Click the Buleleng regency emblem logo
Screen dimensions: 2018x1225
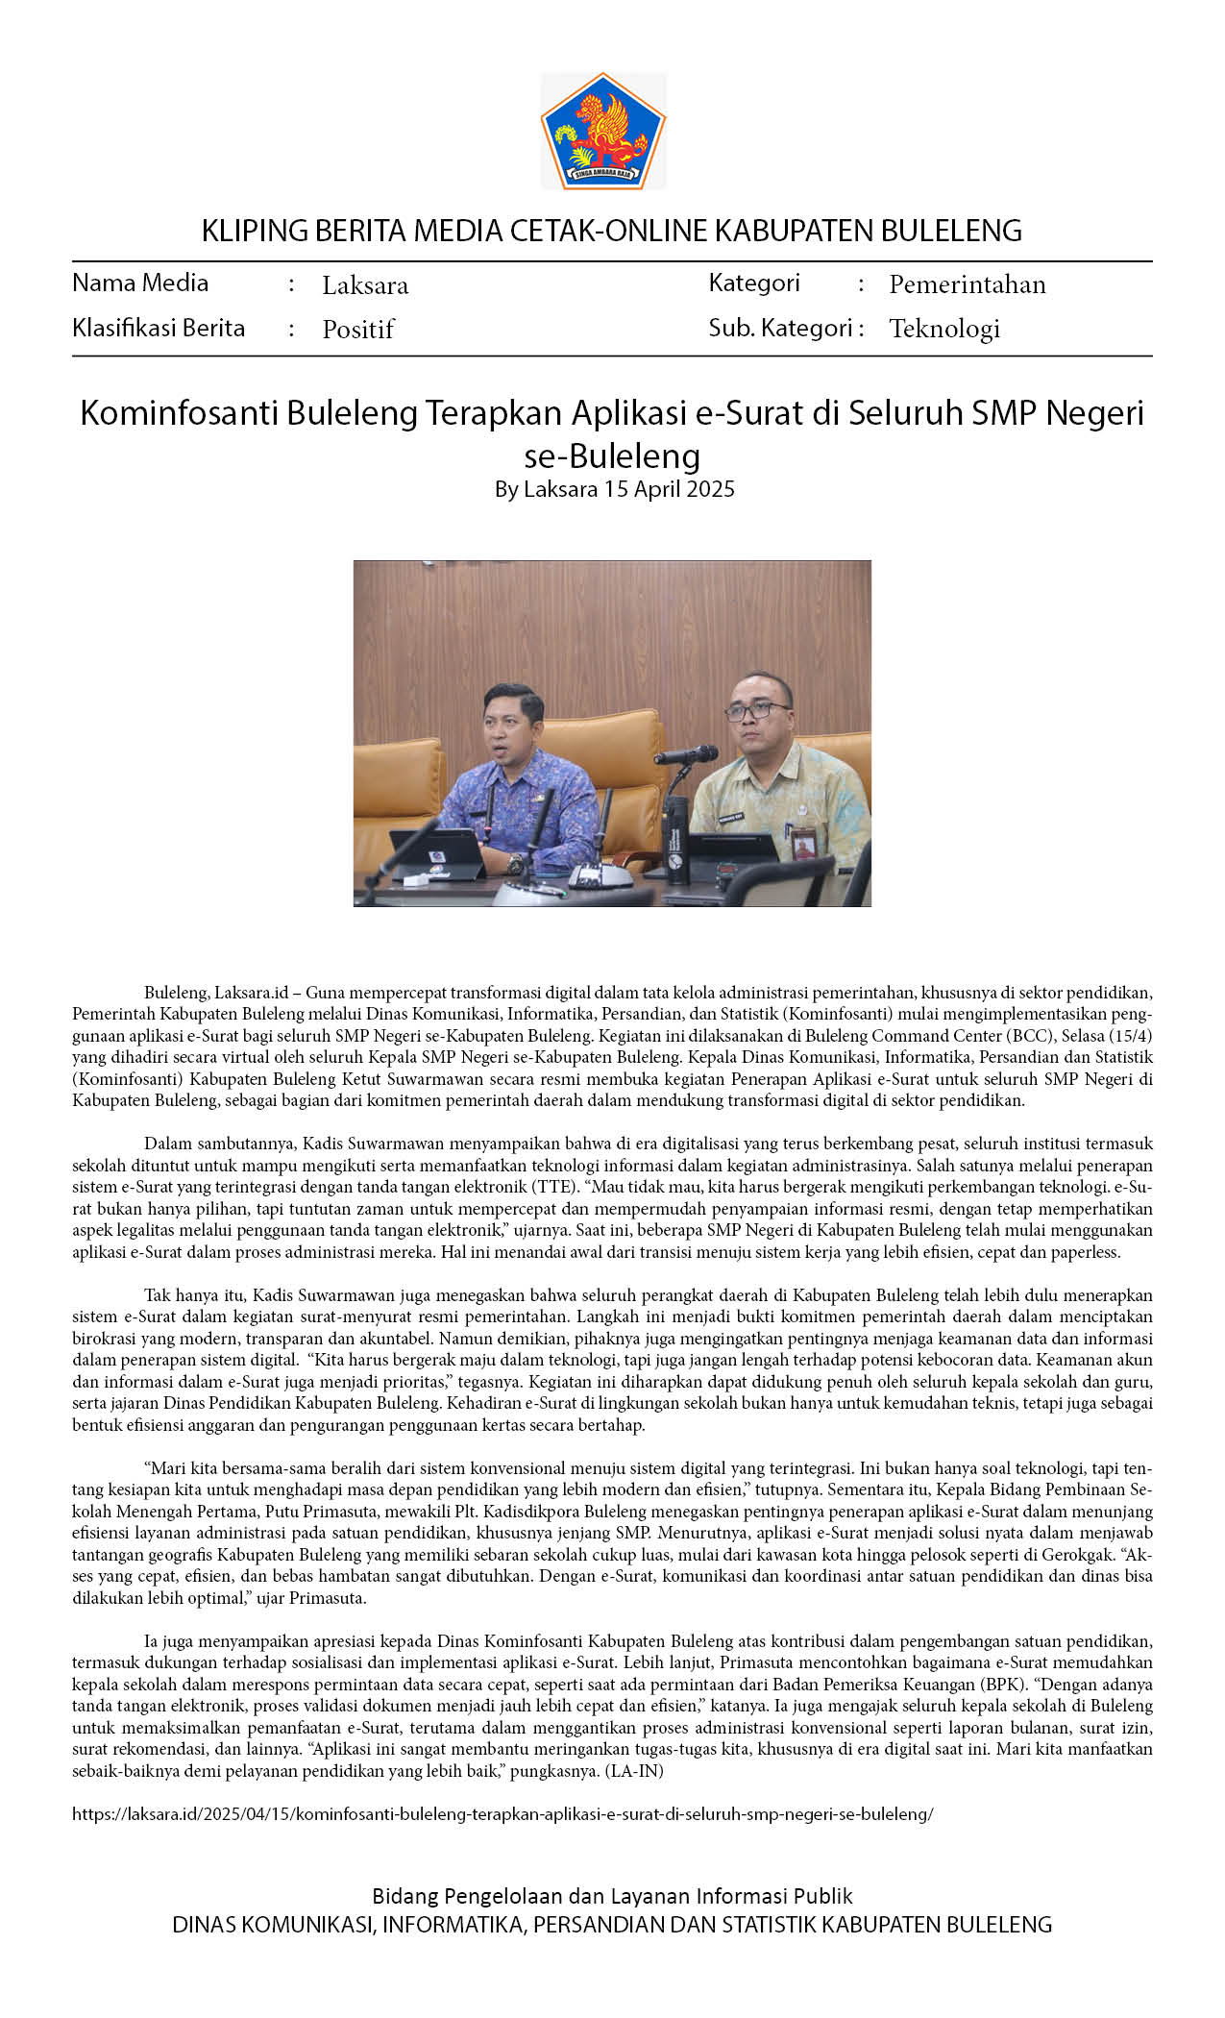tap(603, 131)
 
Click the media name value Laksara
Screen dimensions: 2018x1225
tap(365, 285)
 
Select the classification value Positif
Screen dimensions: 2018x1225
tap(358, 330)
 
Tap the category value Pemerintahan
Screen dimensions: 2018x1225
tap(967, 284)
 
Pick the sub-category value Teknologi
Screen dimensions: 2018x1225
tap(944, 329)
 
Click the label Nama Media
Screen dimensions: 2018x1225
tap(140, 283)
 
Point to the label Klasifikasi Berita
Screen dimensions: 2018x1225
tap(159, 328)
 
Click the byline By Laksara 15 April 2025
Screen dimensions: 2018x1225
tap(614, 489)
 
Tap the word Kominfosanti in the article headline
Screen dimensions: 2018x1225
tap(178, 412)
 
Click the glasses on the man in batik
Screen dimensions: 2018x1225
tap(757, 710)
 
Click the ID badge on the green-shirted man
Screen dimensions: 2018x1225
tap(801, 843)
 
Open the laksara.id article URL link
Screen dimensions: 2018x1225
tap(502, 1814)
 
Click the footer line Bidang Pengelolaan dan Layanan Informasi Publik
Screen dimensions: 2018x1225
tap(612, 1896)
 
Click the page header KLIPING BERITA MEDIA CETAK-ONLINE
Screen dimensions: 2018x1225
tap(611, 231)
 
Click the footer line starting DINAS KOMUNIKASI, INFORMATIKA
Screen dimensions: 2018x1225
tap(612, 1924)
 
